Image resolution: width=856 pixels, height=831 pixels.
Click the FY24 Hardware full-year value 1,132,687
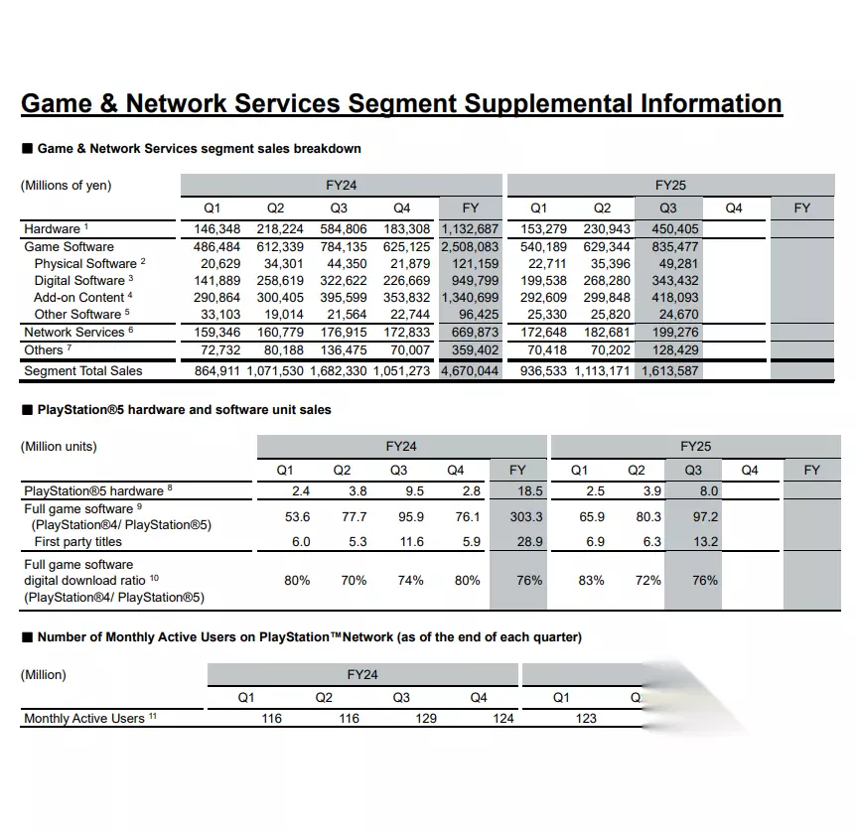[x=471, y=229]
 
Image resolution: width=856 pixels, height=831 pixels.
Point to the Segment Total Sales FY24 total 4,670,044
[x=471, y=371]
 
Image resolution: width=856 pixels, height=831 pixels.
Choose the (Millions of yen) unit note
[x=66, y=185]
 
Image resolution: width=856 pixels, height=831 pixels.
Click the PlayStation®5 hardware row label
[x=93, y=490]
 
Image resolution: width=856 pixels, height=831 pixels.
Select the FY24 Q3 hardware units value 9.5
[x=415, y=490]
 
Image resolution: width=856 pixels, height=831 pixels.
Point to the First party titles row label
[x=78, y=541]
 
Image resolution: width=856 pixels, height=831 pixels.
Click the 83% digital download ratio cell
[x=592, y=580]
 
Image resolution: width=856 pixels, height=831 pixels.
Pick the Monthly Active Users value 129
[x=426, y=718]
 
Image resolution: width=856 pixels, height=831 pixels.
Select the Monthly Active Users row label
[x=83, y=718]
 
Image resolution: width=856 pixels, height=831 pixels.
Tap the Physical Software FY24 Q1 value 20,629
[x=220, y=263]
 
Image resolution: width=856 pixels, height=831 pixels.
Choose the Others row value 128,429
[x=672, y=349]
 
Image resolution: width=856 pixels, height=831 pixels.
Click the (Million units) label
[x=59, y=446]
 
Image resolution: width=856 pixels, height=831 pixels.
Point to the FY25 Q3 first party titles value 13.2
[x=705, y=541]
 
